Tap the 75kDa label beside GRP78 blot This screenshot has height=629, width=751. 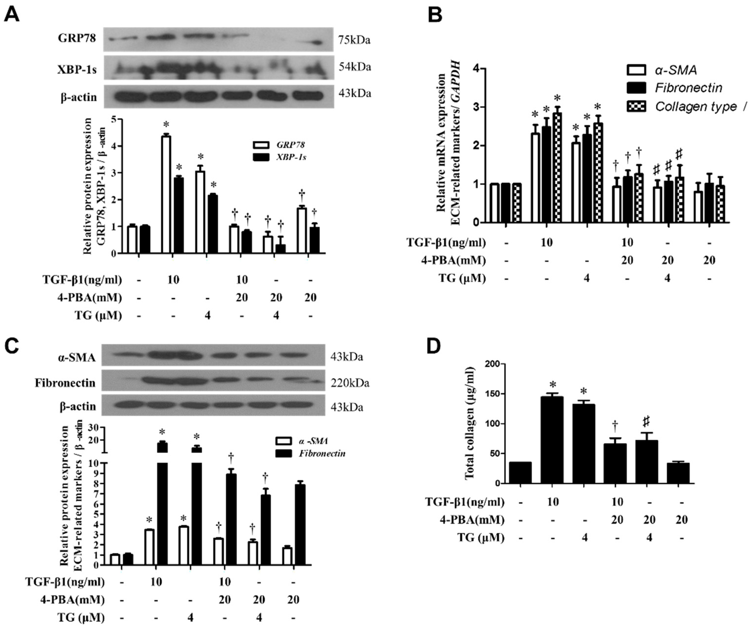click(x=354, y=40)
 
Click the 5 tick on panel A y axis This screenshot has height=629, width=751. click(x=114, y=119)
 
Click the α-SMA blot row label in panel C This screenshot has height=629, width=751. click(x=77, y=357)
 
